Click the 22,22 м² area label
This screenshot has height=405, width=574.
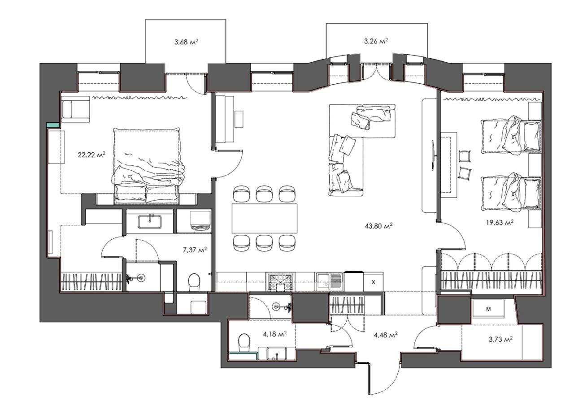tap(92, 155)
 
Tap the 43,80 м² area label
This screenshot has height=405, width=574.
tap(379, 226)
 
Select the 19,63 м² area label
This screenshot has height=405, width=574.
tap(500, 222)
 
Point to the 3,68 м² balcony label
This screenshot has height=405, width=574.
tap(186, 42)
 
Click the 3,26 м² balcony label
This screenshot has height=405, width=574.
tap(376, 41)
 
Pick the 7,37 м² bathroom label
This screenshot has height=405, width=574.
tap(195, 250)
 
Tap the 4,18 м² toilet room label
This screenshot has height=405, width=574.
tap(275, 334)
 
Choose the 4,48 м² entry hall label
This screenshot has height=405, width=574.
tap(386, 335)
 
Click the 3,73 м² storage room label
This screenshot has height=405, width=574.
tap(500, 340)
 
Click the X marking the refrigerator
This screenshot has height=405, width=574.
tap(374, 282)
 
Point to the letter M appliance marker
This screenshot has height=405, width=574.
tap(488, 309)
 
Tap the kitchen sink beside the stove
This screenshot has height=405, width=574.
tap(330, 282)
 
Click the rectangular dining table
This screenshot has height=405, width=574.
tap(265, 218)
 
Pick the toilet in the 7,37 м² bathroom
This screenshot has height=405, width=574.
tap(194, 282)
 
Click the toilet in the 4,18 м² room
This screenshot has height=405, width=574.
tap(244, 343)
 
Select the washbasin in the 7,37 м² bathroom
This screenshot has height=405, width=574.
tap(150, 222)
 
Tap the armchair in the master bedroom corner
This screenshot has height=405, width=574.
tap(75, 109)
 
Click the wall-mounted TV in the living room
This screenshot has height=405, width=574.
tap(433, 155)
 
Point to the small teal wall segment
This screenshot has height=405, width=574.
tap(53, 125)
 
